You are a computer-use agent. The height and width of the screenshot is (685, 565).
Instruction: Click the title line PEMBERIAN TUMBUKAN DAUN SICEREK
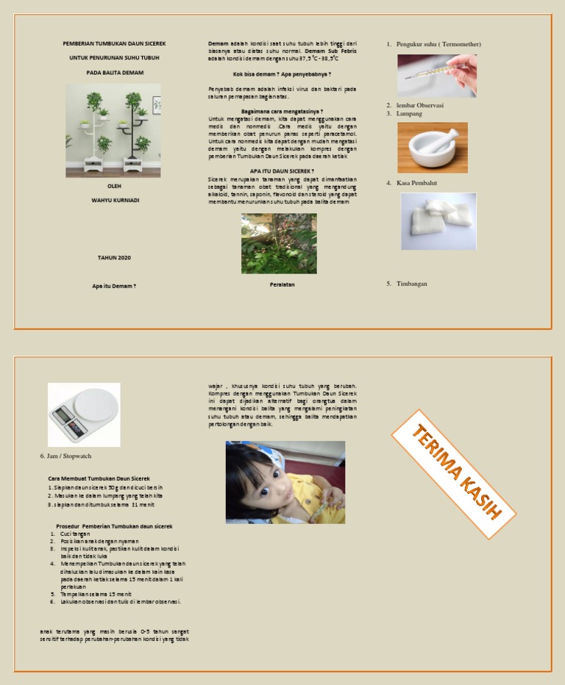(113, 44)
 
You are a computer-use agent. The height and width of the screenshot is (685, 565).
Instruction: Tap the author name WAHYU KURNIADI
(115, 200)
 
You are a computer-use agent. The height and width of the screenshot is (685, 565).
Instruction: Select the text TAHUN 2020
(114, 258)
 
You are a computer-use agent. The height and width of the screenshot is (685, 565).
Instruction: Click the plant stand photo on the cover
(113, 129)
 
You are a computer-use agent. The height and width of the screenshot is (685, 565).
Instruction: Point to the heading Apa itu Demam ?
(114, 286)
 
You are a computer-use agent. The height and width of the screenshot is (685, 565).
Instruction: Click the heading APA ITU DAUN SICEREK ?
(282, 171)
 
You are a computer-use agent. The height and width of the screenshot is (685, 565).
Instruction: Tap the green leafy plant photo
(279, 243)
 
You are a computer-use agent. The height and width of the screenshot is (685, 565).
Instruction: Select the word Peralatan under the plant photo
(282, 284)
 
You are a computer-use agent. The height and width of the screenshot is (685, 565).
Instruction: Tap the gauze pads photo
(438, 220)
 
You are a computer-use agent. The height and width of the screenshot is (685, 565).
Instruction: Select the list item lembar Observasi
(419, 105)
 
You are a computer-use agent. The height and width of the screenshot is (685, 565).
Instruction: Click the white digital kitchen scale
(84, 414)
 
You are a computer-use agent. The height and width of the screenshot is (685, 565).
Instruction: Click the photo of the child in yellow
(285, 481)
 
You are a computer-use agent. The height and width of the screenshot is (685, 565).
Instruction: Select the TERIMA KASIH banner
(454, 473)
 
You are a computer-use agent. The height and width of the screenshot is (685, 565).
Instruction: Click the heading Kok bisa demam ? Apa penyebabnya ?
(282, 74)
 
